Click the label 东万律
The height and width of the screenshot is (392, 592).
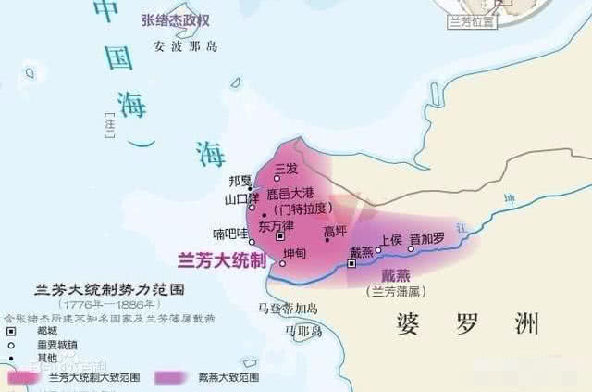pyautogui.click(x=277, y=225)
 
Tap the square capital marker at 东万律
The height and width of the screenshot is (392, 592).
pyautogui.click(x=280, y=237)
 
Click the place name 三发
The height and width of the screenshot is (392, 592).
pyautogui.click(x=286, y=169)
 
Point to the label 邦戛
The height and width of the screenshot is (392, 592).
pyautogui.click(x=239, y=181)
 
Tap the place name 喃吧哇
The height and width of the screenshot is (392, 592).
pyautogui.click(x=226, y=234)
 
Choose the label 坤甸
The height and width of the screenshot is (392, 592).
pyautogui.click(x=294, y=252)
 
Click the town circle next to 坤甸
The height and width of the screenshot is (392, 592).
pyautogui.click(x=282, y=262)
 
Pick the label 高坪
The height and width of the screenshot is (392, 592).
pyautogui.click(x=335, y=232)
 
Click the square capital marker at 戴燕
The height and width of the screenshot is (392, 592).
pyautogui.click(x=351, y=263)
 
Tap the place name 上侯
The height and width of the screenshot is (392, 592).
pyautogui.click(x=390, y=238)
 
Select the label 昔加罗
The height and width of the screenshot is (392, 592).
pyautogui.click(x=427, y=238)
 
